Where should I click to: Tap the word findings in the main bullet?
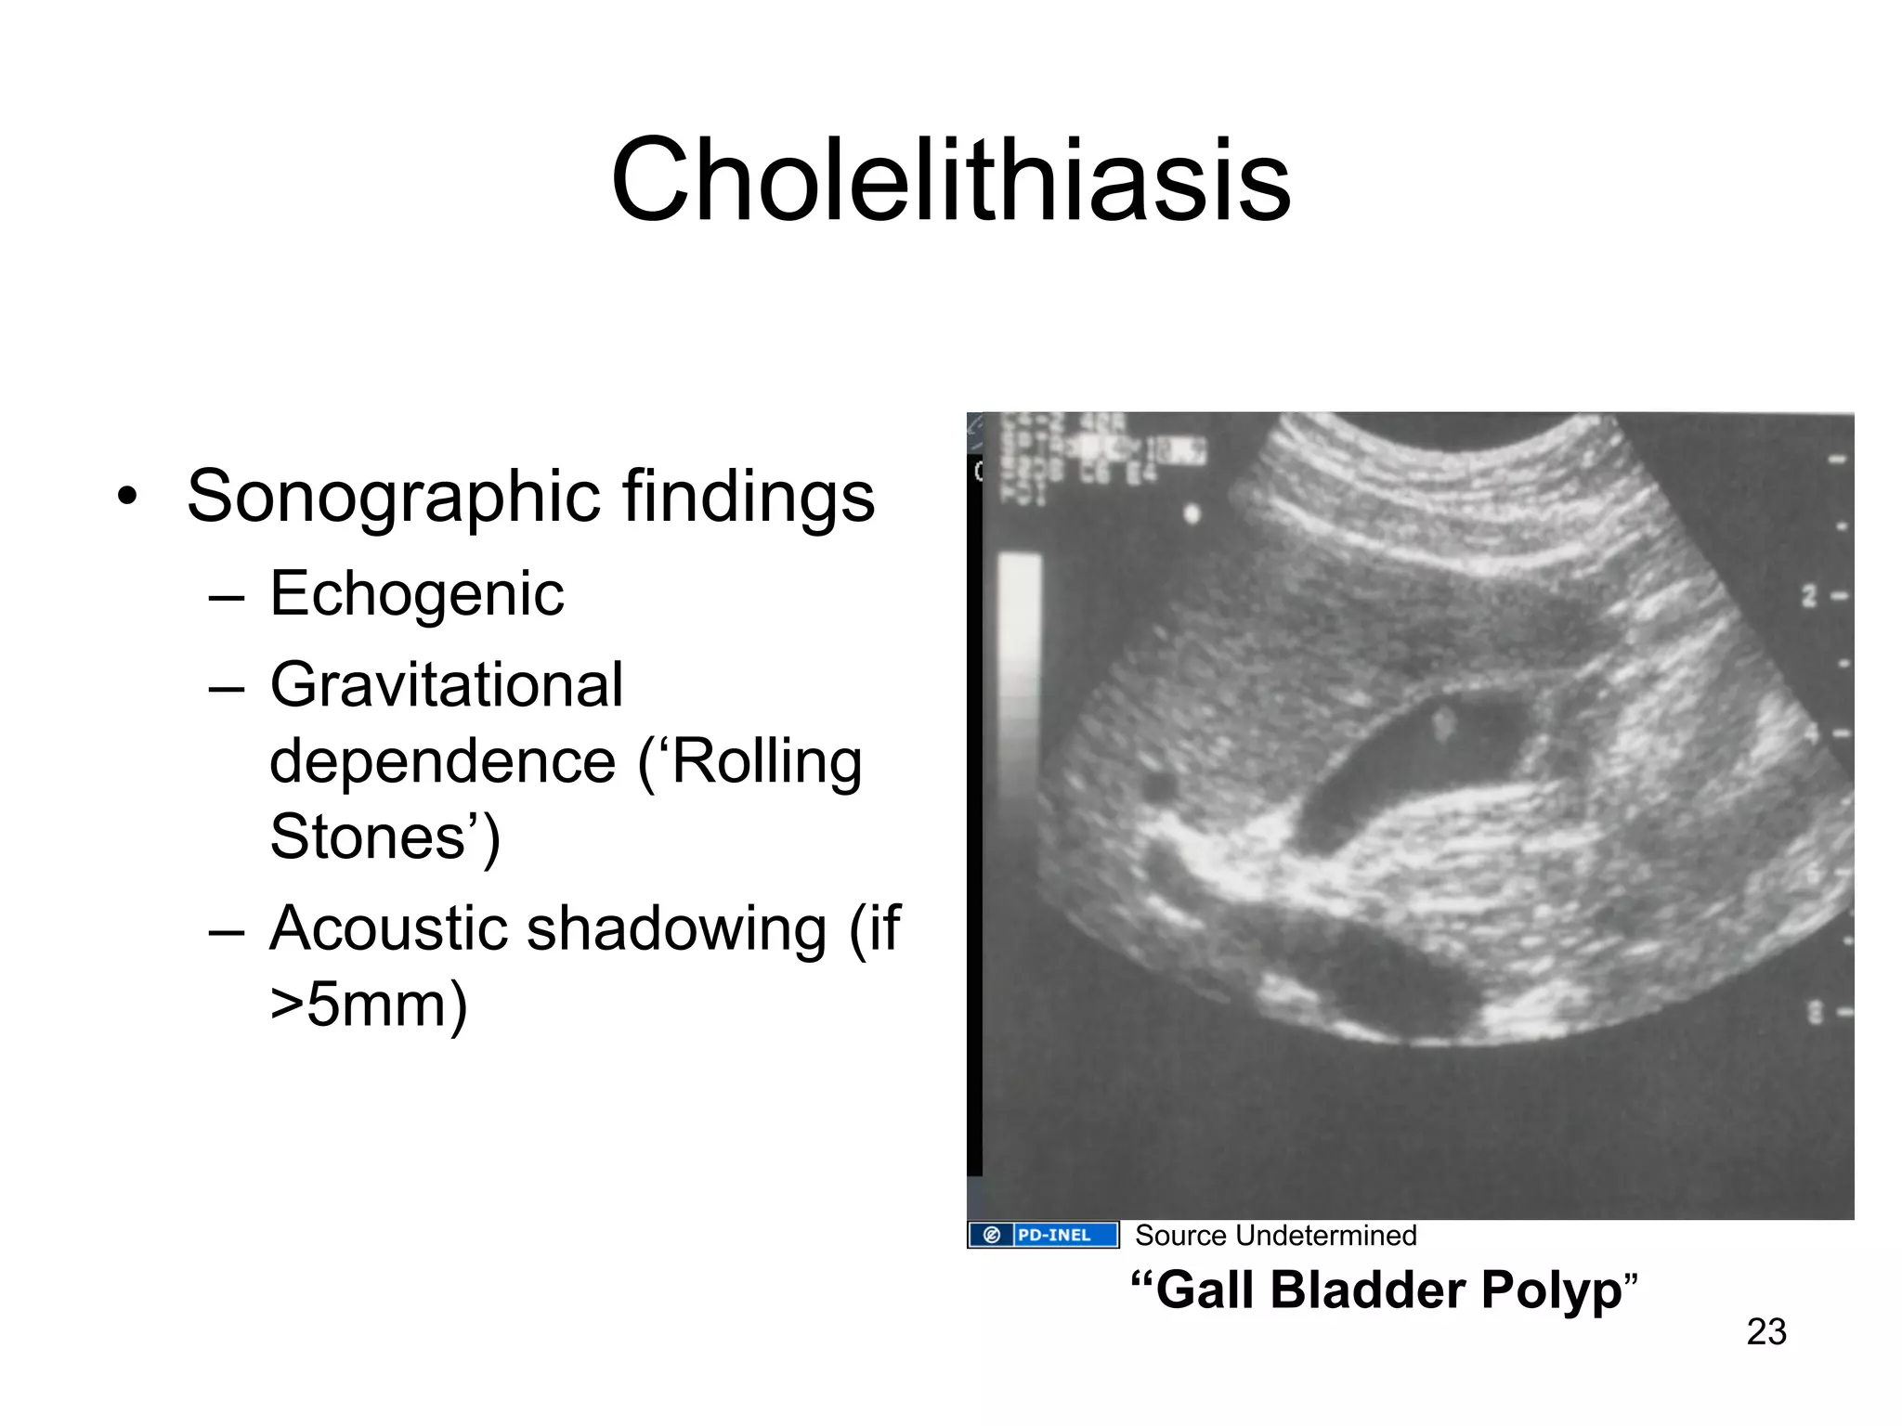(x=749, y=496)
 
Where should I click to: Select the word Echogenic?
(x=417, y=594)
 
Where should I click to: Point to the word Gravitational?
(x=446, y=685)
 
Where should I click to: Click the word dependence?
(x=442, y=761)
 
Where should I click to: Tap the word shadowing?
(x=676, y=927)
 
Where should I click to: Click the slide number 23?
(x=1765, y=1331)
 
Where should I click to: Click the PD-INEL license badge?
(x=1043, y=1235)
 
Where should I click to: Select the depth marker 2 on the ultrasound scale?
(x=1809, y=596)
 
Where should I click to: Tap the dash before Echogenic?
(x=227, y=596)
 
